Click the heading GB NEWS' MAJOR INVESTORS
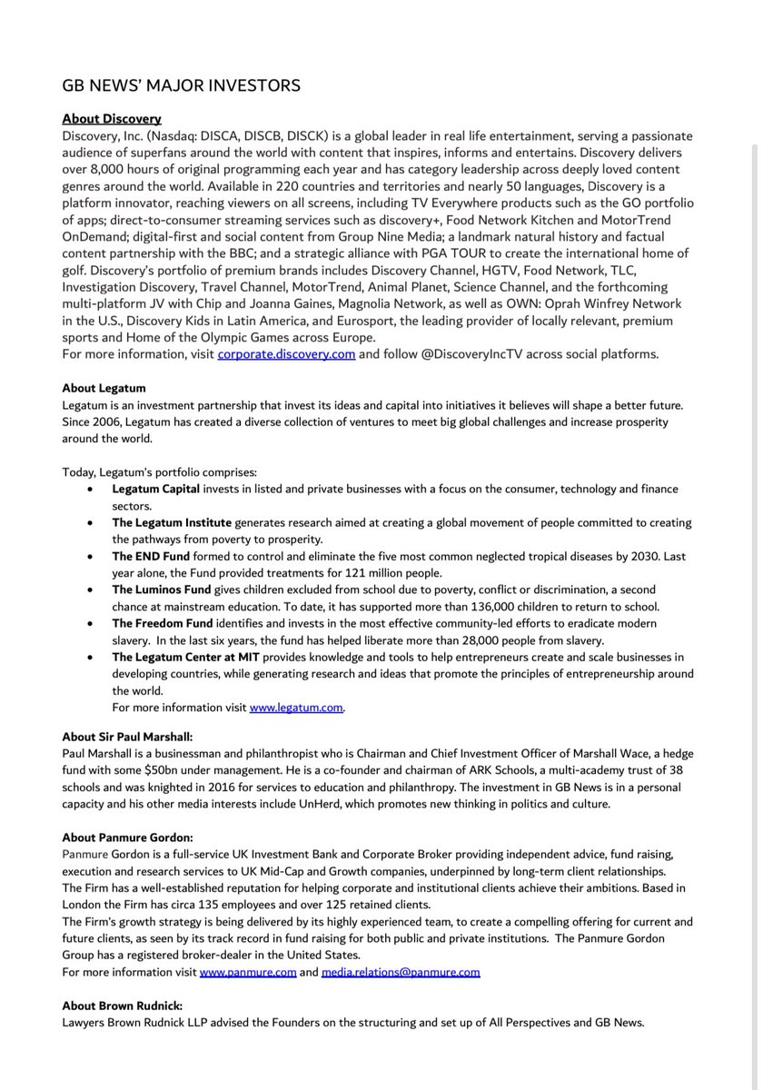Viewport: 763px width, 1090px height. click(181, 85)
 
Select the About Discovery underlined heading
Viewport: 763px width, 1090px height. click(112, 119)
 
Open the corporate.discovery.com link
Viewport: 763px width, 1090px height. click(286, 355)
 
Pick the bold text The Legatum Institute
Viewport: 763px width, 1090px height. click(172, 523)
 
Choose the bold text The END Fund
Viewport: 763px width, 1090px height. click(150, 556)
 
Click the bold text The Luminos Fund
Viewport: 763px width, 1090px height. click(162, 590)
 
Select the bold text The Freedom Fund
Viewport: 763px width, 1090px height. click(163, 623)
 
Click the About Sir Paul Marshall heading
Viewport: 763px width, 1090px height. click(126, 737)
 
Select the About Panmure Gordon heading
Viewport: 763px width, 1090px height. click(124, 837)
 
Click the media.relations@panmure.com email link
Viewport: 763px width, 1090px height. click(401, 972)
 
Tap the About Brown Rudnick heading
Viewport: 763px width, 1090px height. click(122, 1006)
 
